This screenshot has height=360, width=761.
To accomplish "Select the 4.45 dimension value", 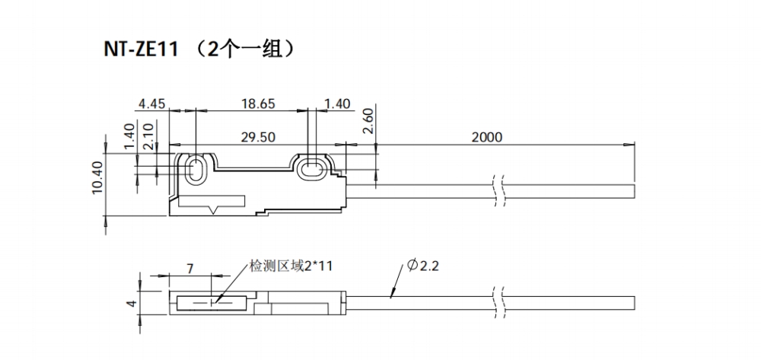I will point(153,104).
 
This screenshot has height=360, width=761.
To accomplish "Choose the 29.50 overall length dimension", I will point(258,137).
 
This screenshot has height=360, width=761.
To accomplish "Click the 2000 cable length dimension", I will point(487,137).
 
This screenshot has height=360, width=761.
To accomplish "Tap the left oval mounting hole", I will point(194,169).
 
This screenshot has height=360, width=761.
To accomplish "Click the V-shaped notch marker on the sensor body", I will point(216,207).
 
